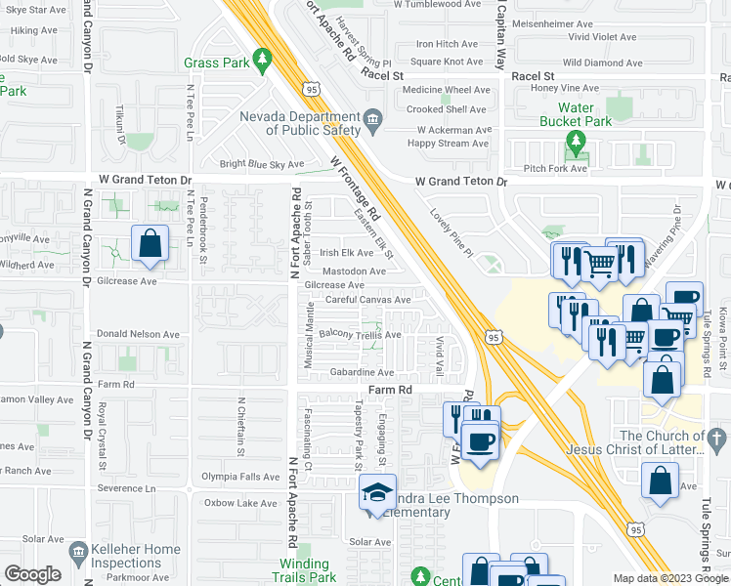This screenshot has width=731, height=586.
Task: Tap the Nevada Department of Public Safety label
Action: (301, 122)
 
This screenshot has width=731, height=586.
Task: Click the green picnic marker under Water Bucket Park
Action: (576, 147)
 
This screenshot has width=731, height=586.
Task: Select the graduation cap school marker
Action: (376, 496)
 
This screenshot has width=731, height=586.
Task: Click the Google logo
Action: (32, 575)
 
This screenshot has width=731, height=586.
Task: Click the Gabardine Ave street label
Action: (361, 372)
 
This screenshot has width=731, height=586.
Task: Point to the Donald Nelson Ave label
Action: (137, 334)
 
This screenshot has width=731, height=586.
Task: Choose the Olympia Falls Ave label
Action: (240, 478)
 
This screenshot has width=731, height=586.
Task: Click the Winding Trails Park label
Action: (305, 570)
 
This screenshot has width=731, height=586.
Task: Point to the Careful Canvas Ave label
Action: (368, 300)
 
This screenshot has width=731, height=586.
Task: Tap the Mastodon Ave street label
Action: (355, 271)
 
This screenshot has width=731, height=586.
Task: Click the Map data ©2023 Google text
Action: (669, 578)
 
